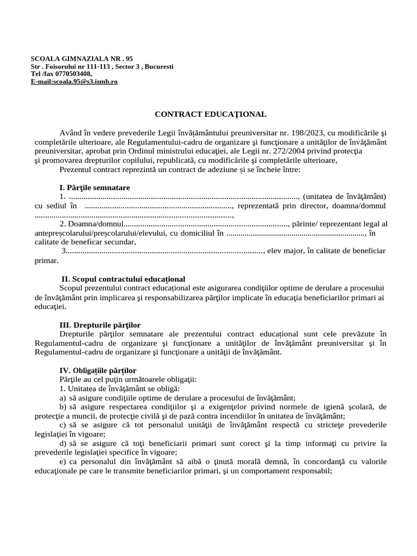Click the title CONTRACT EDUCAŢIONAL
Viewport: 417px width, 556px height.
click(x=211, y=115)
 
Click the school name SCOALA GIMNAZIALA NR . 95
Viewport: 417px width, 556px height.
click(x=82, y=59)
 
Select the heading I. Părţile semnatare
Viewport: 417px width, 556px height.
click(x=94, y=188)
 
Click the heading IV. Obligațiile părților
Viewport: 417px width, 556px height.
click(x=98, y=370)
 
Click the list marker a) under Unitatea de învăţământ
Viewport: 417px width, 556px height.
click(x=63, y=397)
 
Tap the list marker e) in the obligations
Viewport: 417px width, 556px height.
click(x=63, y=462)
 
